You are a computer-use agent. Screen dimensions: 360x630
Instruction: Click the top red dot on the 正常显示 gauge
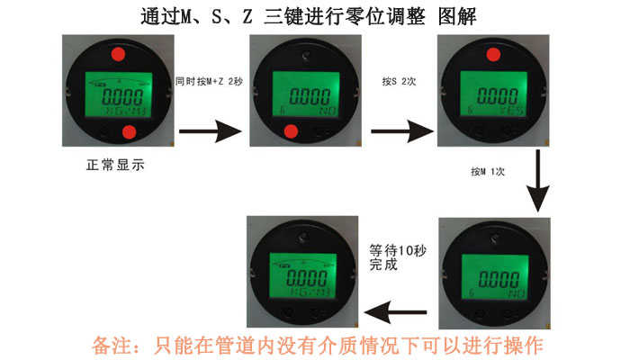[118, 56]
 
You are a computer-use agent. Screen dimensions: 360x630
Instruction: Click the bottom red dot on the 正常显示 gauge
[128, 133]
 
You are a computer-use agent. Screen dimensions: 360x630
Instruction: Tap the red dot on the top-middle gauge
[291, 133]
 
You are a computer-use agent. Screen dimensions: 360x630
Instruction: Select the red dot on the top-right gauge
[493, 56]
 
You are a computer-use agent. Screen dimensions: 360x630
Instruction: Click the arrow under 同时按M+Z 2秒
[211, 130]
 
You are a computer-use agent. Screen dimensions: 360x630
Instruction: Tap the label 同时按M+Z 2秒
[210, 82]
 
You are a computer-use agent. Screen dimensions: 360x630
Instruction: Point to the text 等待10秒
[395, 248]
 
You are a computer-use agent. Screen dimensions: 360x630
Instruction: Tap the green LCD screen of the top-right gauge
[493, 94]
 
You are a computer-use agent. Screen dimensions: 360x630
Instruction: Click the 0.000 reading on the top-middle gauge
[306, 94]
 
